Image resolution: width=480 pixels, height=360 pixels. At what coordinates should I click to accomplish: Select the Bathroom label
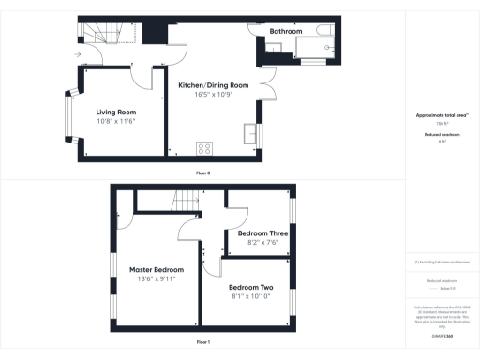pyautogui.click(x=286, y=31)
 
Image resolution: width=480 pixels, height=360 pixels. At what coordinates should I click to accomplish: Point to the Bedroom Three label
pyautogui.click(x=262, y=233)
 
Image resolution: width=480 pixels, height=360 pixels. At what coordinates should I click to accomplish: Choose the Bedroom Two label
pyautogui.click(x=250, y=286)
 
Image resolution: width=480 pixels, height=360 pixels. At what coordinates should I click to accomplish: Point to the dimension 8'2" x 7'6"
pyautogui.click(x=262, y=243)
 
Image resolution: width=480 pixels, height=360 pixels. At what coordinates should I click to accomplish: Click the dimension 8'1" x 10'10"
pyautogui.click(x=250, y=296)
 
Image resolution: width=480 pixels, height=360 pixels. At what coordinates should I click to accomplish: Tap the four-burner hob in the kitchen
pyautogui.click(x=203, y=148)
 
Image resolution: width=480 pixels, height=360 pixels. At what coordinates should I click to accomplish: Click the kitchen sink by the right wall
pyautogui.click(x=250, y=135)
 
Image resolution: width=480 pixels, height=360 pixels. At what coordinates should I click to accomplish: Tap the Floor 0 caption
pyautogui.click(x=202, y=173)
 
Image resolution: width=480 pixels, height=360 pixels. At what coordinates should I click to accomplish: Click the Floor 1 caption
pyautogui.click(x=202, y=342)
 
